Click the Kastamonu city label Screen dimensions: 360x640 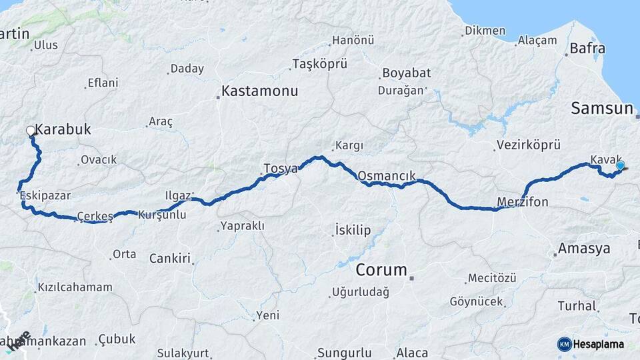[259, 90]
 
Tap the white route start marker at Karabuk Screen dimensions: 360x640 [31, 131]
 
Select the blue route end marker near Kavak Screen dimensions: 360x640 [621, 165]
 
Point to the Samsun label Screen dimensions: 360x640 [601, 109]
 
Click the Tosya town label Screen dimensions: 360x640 [281, 168]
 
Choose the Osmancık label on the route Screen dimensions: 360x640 [387, 176]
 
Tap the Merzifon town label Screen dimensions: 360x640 [523, 202]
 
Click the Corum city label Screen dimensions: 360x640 [381, 270]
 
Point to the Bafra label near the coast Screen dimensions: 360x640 [587, 48]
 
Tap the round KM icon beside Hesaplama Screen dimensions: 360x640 [565, 344]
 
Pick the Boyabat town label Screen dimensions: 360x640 [406, 73]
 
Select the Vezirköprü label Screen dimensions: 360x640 [528, 145]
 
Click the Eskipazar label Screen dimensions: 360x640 [45, 195]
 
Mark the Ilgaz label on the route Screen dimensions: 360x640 [178, 195]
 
